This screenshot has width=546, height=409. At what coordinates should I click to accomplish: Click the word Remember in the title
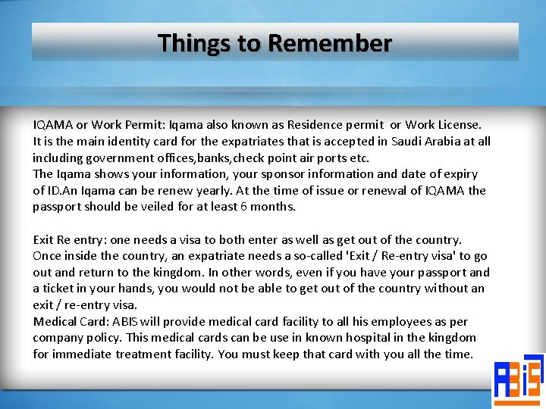tap(329, 43)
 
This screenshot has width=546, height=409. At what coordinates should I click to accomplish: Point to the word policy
tap(105, 338)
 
